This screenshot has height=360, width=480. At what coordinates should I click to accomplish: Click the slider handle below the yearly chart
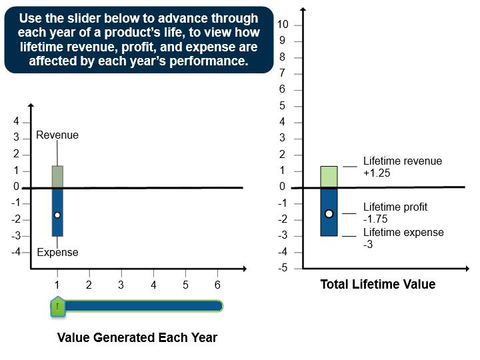[x=58, y=306]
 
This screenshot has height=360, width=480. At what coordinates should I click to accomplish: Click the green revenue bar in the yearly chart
[x=57, y=177]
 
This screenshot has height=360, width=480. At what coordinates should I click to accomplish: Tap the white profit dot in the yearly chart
[x=57, y=215]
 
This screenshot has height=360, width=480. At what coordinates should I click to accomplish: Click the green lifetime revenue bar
[x=329, y=177]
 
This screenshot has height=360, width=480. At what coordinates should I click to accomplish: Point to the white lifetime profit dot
[x=329, y=213]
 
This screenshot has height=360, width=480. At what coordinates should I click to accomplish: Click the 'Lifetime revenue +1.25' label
[x=402, y=167]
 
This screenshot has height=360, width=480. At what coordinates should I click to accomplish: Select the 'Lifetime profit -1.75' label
[x=395, y=213]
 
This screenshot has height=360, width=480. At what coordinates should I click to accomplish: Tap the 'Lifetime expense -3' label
[x=403, y=238]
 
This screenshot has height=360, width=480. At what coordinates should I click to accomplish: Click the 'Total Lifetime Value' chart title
[x=377, y=285]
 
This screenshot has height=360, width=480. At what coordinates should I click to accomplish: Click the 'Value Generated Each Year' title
[x=137, y=337]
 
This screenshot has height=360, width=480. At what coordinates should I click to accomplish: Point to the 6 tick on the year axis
[x=217, y=285]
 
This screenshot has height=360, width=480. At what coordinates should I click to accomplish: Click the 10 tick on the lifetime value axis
[x=283, y=25]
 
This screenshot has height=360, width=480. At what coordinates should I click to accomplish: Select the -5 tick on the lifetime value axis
[x=283, y=268]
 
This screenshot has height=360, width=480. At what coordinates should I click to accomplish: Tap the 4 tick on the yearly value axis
[x=16, y=122]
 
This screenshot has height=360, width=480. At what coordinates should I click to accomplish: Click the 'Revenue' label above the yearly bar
[x=57, y=135]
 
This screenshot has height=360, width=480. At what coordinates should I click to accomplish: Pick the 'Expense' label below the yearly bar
[x=57, y=252]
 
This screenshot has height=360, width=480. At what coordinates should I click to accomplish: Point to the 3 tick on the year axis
[x=121, y=285]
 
